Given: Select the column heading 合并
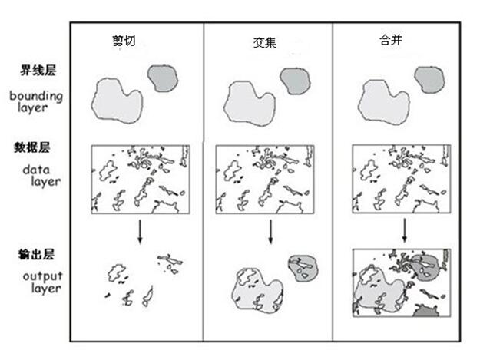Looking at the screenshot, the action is [392, 41].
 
